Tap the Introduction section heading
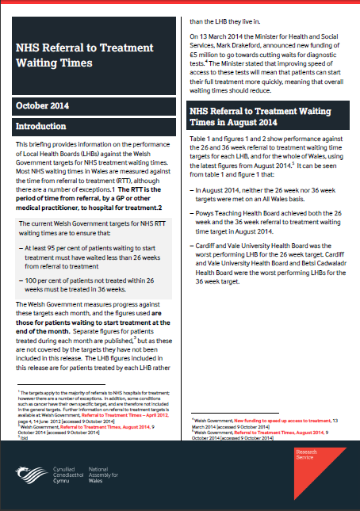(49, 126)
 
